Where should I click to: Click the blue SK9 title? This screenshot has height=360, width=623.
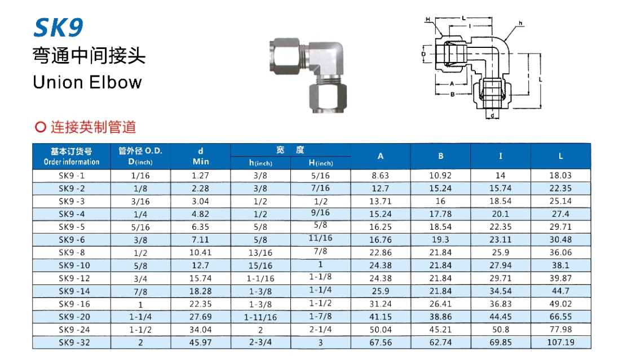[x=59, y=28]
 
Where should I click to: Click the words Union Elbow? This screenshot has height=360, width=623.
[x=87, y=82]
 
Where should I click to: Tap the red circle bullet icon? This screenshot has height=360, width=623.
[x=40, y=127]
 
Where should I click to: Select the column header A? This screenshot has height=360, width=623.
[x=380, y=156]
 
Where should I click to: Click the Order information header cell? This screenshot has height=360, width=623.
[x=72, y=157]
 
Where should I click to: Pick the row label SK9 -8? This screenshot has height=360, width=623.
[x=72, y=252]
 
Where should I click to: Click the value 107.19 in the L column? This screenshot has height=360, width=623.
[x=560, y=342]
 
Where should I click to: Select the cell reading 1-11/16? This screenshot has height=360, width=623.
[x=260, y=317]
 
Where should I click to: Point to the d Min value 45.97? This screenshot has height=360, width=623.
[x=200, y=342]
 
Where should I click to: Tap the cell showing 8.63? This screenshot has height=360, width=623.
[x=380, y=175]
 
